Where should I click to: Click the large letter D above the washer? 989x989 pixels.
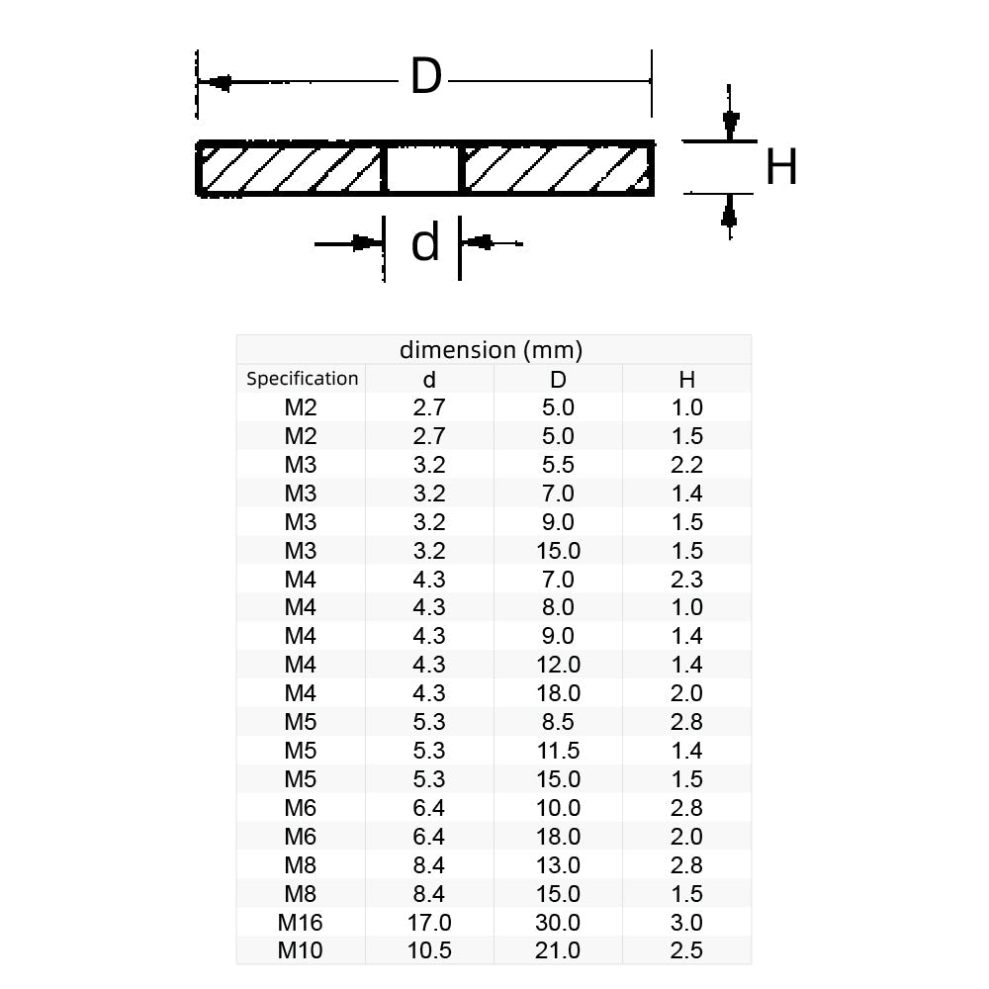point(425,77)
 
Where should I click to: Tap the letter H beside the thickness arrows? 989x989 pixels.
point(781,167)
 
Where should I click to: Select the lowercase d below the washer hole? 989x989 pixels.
point(424,243)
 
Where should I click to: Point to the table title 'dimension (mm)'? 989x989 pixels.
point(491,349)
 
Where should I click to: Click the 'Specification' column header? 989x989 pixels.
point(302,379)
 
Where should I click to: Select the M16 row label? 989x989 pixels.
point(301,922)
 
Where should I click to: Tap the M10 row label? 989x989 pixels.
point(301,949)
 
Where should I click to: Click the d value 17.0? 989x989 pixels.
point(429,922)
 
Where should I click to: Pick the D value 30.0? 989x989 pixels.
point(558,922)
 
